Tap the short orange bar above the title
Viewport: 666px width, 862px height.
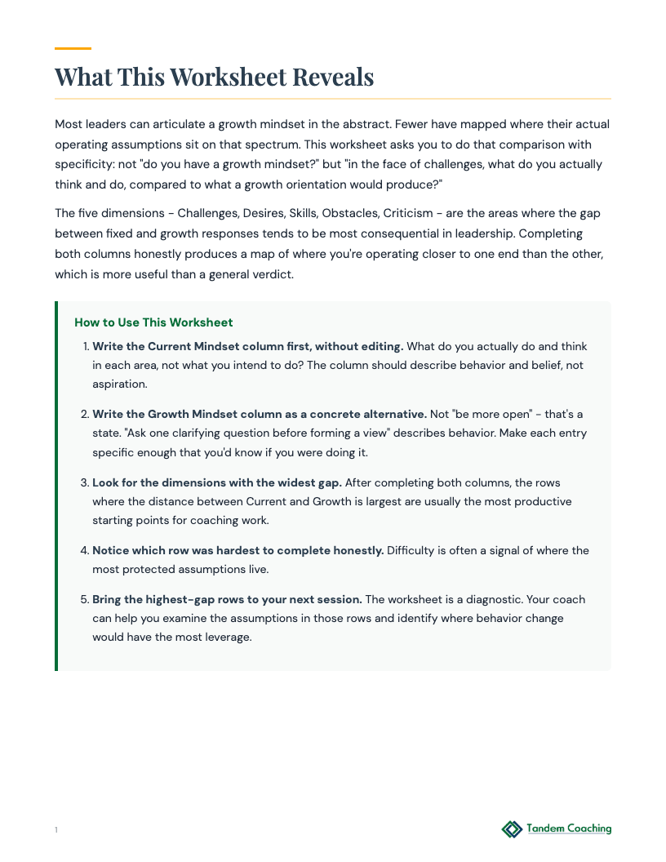click(73, 48)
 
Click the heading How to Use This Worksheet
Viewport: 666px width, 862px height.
click(153, 322)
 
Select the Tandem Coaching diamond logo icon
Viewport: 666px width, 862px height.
click(512, 829)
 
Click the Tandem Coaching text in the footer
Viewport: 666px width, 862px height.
click(569, 829)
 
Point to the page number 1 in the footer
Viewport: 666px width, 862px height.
click(56, 830)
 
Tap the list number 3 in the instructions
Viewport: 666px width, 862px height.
click(84, 482)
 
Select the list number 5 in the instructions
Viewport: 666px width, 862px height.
click(84, 599)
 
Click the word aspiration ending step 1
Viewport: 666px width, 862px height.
click(119, 384)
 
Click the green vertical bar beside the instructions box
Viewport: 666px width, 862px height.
click(56, 486)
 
